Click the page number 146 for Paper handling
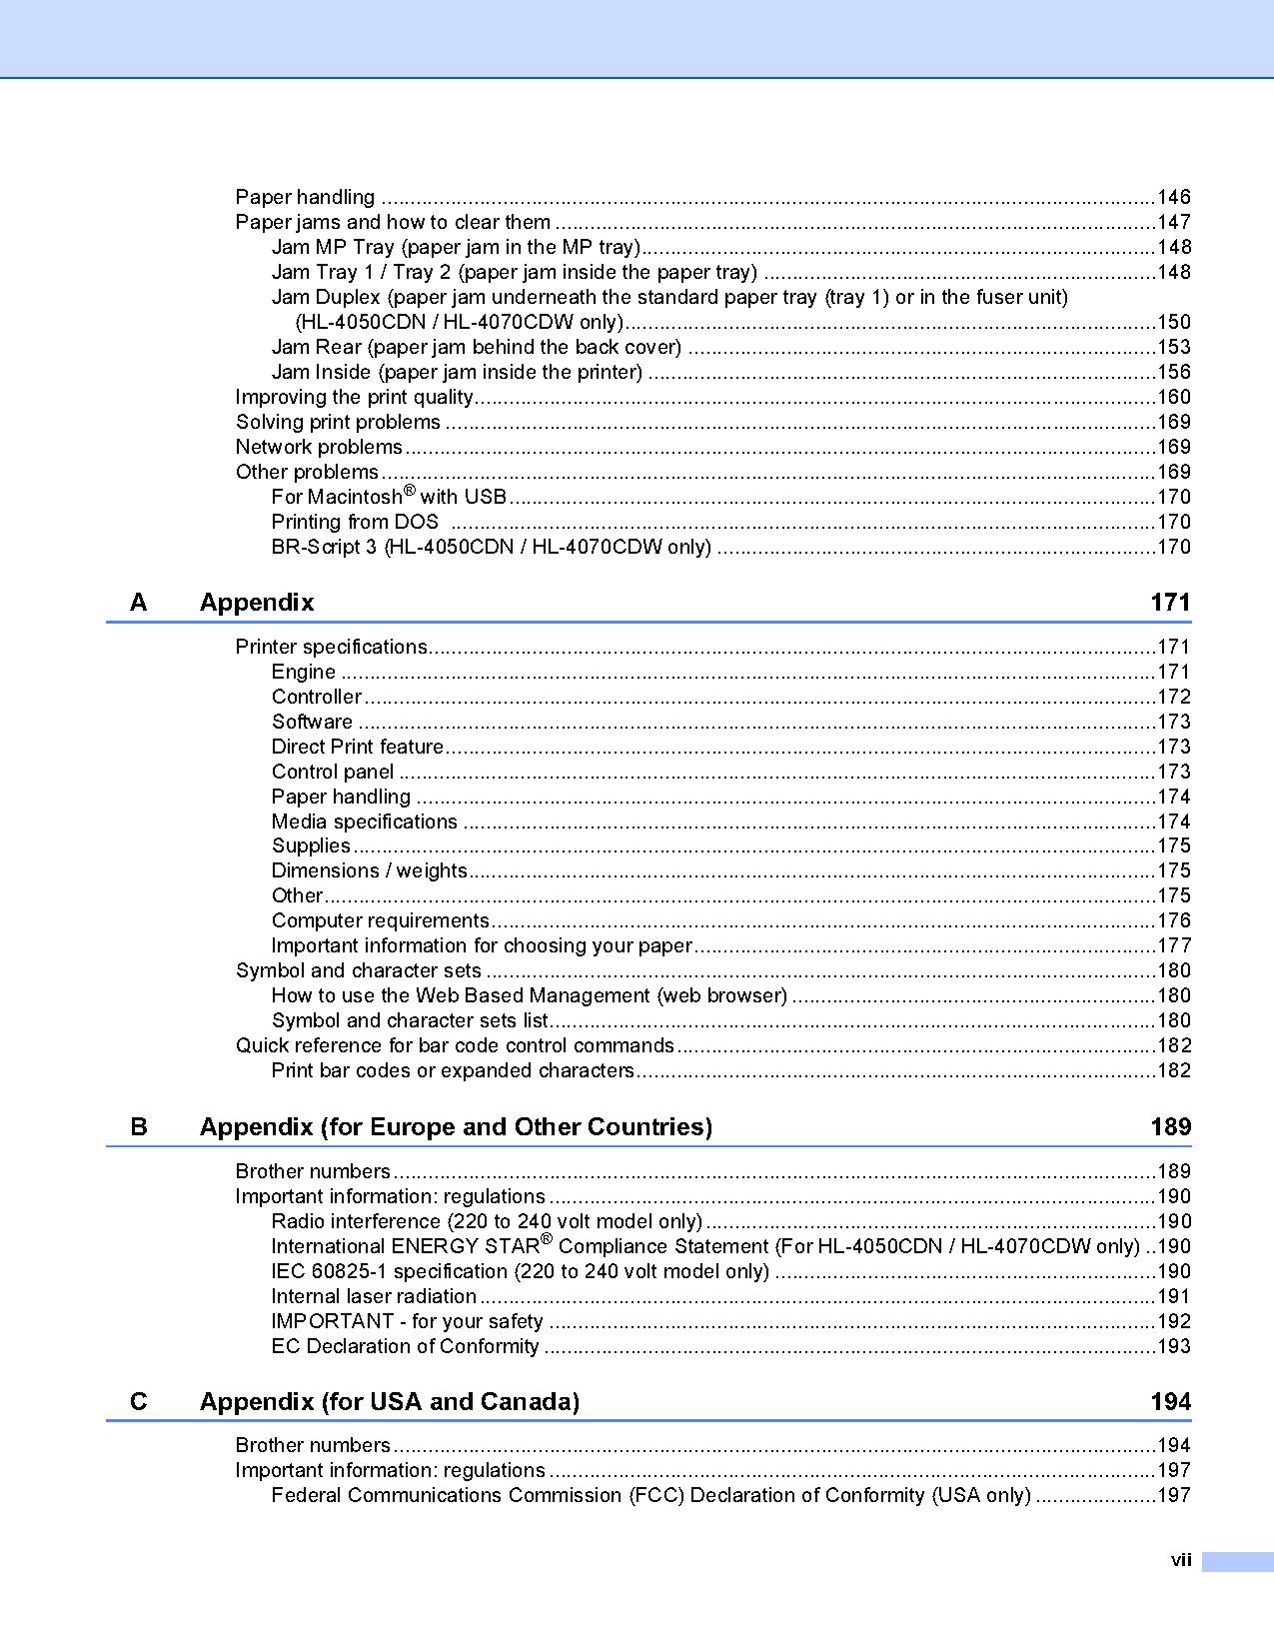click(x=1173, y=197)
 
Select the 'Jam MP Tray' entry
click(x=455, y=247)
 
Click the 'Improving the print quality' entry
click(x=354, y=397)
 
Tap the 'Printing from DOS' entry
click(x=355, y=522)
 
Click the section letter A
click(x=139, y=603)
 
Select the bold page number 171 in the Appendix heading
click(x=1170, y=603)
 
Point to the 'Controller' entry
click(x=316, y=697)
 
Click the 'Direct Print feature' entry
click(x=357, y=747)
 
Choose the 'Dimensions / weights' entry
click(x=369, y=870)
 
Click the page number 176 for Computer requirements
click(x=1173, y=920)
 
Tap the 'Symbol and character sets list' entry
click(x=410, y=1020)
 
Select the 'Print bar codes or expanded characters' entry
click(x=453, y=1070)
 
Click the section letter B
click(x=139, y=1127)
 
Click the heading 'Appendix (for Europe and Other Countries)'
click(x=456, y=1127)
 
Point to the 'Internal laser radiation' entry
click(x=374, y=1296)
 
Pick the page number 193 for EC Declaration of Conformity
click(x=1173, y=1346)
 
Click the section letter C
click(x=139, y=1402)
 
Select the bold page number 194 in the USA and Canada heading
click(x=1170, y=1402)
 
